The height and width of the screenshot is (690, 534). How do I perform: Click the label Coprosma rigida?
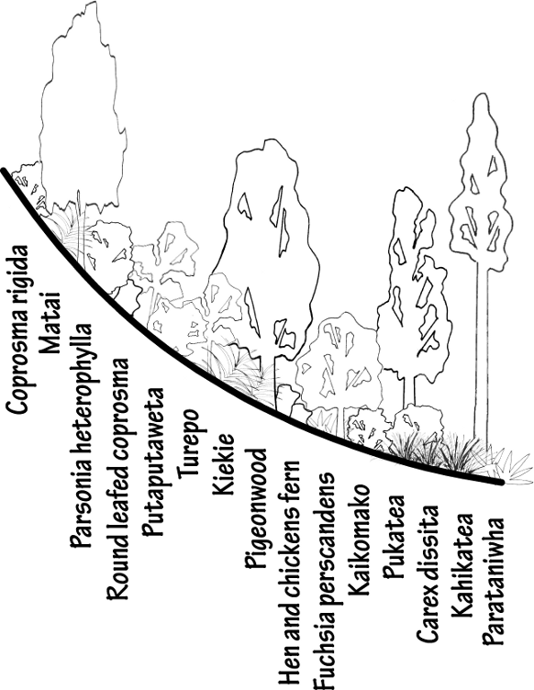(17, 329)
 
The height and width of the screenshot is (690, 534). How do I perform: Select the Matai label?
(50, 323)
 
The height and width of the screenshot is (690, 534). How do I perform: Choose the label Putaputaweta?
(153, 462)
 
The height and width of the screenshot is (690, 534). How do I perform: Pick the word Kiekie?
(223, 464)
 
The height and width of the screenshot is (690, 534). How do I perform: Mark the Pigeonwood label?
(256, 508)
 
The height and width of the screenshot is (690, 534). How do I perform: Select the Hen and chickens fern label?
(290, 574)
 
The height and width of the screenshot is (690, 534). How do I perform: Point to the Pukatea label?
(394, 537)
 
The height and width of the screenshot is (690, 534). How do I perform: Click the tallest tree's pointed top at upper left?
(94, 3)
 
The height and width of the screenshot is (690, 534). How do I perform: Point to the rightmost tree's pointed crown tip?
(481, 94)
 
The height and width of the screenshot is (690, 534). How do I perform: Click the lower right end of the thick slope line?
(501, 483)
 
